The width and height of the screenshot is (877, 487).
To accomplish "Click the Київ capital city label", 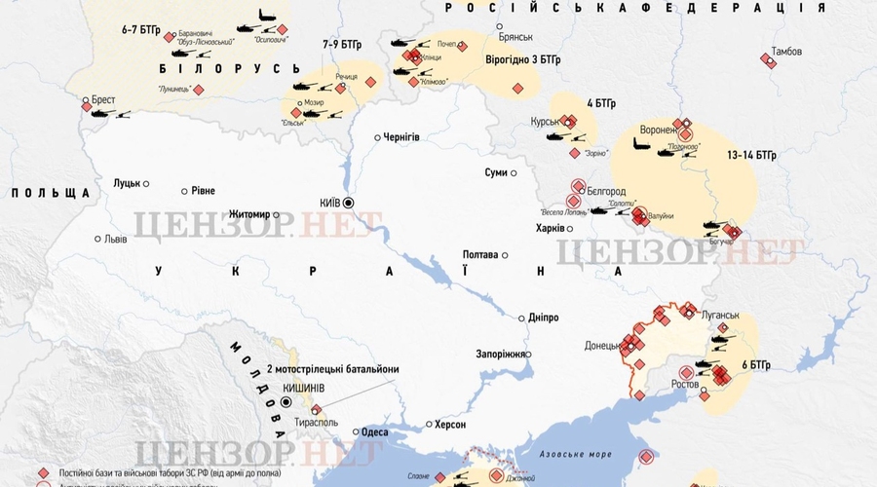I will [x=329, y=202].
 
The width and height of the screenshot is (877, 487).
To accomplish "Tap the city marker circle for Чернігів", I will [x=378, y=137].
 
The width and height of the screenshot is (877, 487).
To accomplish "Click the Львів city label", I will [x=116, y=239].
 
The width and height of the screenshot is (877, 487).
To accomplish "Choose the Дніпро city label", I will [x=543, y=318].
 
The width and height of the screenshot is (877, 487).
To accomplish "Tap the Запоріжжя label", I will [x=501, y=354].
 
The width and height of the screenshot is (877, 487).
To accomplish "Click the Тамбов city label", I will [x=786, y=51].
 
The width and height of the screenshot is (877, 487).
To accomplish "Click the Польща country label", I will [x=51, y=193].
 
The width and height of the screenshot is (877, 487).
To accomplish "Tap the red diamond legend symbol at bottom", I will [x=43, y=472].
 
